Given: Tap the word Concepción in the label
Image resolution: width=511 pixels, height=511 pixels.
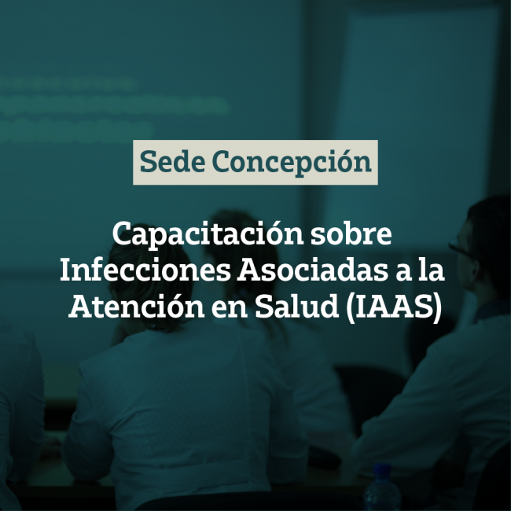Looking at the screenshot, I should pos(292,162).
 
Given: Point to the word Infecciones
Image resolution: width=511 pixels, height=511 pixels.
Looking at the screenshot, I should pos(145,270).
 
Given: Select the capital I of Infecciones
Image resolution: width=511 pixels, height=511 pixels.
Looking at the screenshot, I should pos(67,270).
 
